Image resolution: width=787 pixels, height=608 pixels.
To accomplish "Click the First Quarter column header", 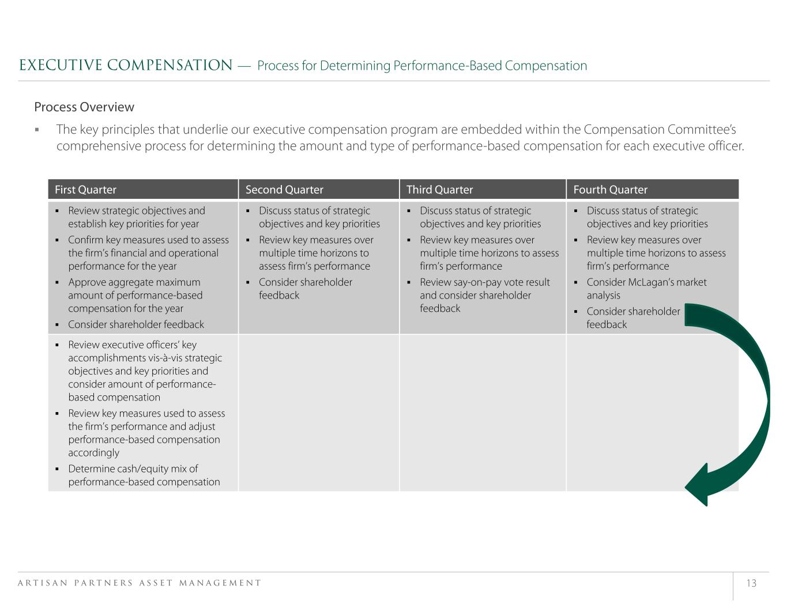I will pos(85,190).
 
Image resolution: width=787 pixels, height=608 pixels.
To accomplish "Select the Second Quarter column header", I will pos(284,190).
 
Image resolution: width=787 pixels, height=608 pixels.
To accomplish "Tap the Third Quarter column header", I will pos(439,190).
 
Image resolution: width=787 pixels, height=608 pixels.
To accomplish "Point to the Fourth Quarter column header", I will pos(610,190).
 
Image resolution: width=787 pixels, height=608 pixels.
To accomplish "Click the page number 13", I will pos(751,583).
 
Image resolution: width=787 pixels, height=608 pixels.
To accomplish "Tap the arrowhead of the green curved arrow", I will pos(699,485).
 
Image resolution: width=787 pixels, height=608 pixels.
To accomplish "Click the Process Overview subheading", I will pos(84,107).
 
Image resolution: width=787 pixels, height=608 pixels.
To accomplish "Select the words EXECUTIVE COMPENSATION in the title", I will pos(126,66).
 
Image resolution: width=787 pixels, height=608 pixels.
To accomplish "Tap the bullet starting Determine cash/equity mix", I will pos(144,475).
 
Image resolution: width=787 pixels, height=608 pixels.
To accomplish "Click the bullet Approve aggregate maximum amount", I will pos(135,295).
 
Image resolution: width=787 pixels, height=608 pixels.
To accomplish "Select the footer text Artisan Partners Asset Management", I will pos(140,583).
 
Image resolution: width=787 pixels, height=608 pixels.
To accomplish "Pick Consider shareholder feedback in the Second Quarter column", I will pos(305,289).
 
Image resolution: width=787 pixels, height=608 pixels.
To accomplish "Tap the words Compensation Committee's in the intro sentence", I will pos(660,130).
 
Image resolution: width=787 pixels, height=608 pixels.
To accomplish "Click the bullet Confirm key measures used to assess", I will pos(148,253).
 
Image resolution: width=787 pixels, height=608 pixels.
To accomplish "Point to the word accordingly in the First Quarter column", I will pos(93,453).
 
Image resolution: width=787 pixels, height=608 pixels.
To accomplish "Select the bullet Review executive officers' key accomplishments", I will pos(144,371).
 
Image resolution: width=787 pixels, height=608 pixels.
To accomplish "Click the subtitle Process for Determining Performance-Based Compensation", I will pos(422,66).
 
